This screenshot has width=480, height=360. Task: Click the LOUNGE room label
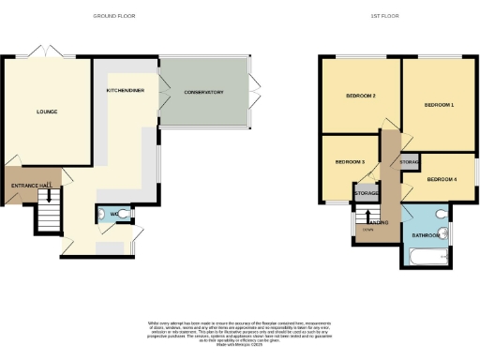click(47, 112)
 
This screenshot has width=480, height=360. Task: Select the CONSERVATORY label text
click(203, 92)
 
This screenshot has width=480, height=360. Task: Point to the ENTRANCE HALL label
click(31, 186)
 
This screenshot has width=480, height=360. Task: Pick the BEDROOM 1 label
click(439, 105)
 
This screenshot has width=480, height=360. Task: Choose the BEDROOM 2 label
click(361, 96)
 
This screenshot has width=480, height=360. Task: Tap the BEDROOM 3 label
click(350, 163)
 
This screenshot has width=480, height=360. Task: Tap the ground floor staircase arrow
click(49, 197)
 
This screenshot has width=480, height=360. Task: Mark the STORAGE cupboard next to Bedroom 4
click(409, 163)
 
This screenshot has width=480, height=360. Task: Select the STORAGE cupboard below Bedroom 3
click(367, 193)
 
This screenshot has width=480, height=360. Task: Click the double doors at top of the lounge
click(43, 52)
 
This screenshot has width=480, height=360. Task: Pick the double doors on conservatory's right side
click(253, 94)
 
